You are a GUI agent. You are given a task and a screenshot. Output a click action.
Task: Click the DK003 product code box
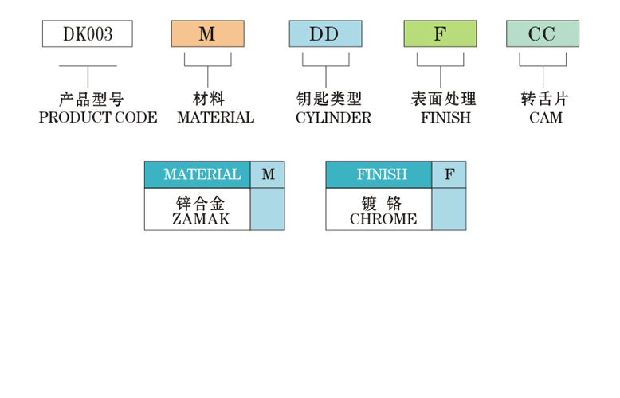coord(88,34)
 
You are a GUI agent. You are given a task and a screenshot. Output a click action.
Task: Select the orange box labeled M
coord(207,34)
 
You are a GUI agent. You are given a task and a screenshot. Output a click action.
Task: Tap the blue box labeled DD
coord(324,34)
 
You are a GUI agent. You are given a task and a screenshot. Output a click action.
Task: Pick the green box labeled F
coord(440,34)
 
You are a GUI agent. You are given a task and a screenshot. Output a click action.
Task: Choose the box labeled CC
coord(542,34)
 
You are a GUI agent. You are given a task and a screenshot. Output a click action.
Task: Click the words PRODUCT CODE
coord(98,118)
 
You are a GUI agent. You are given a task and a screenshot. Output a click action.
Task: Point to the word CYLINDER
coord(333,118)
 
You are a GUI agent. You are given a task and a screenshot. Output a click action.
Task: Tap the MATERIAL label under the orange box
coord(215,118)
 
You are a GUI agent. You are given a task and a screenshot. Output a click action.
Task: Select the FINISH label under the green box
coord(445,118)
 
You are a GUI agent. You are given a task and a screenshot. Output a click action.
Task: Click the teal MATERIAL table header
coord(198,174)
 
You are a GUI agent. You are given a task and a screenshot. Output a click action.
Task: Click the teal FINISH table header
coord(379,174)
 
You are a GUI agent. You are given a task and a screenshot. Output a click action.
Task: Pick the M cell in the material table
coord(268,174)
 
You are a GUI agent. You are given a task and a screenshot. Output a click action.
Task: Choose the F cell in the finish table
coord(449,174)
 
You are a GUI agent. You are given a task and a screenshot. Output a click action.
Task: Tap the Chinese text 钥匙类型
coord(328,99)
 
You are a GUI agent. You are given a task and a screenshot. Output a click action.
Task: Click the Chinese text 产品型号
coord(92,99)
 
